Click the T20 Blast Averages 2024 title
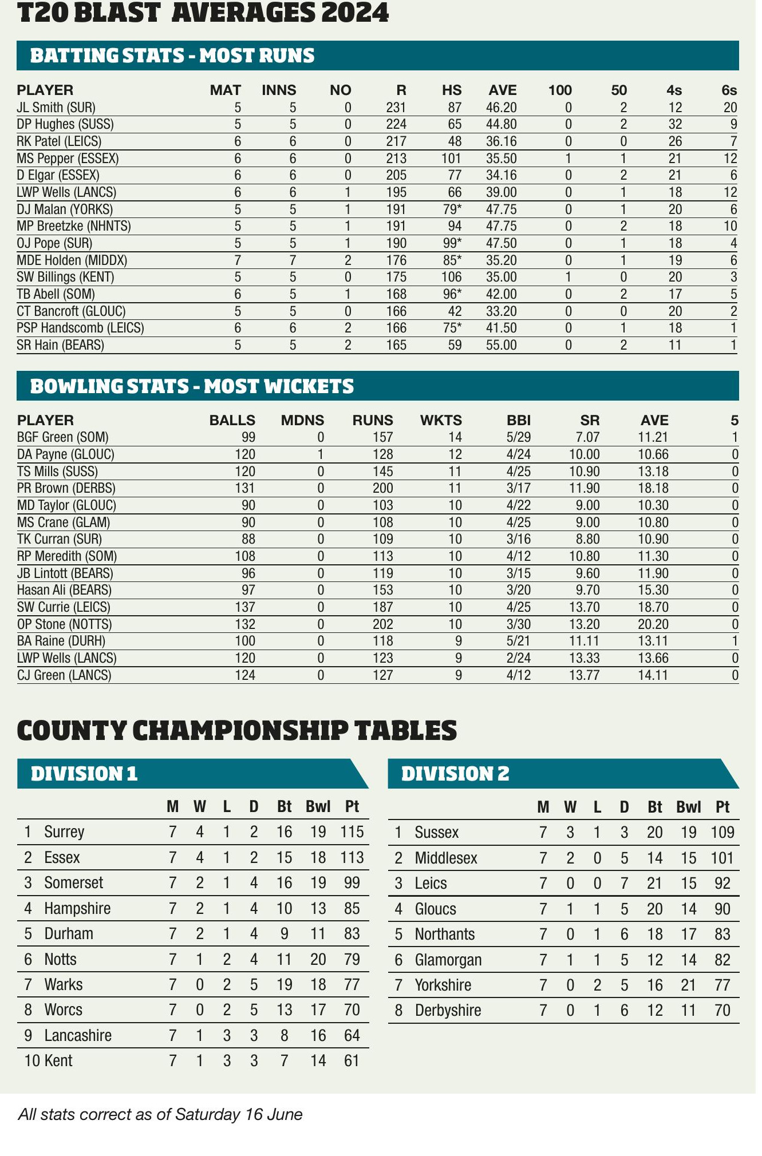(203, 13)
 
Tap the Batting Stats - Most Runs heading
(172, 56)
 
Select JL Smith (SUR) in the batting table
(56, 107)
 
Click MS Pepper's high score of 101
(451, 158)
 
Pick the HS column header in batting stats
(451, 90)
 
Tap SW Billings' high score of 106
(451, 277)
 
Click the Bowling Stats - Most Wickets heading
(192, 386)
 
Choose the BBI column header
(519, 421)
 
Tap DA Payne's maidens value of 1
(321, 454)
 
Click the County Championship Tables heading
(237, 730)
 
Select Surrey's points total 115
(352, 832)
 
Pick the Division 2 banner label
(455, 774)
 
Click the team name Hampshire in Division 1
(77, 908)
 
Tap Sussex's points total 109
(722, 832)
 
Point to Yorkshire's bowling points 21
(688, 985)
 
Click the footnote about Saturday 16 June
(160, 1114)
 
